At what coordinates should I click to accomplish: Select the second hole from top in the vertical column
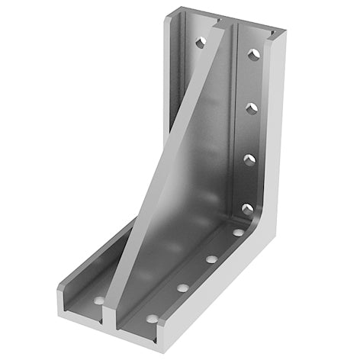(x=251, y=109)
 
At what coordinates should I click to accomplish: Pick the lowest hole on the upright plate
(x=247, y=207)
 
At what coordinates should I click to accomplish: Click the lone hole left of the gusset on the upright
(x=201, y=43)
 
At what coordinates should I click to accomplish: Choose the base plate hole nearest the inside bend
(x=238, y=232)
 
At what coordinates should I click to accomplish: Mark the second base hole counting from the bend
(x=211, y=259)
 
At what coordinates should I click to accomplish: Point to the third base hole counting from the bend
(x=183, y=288)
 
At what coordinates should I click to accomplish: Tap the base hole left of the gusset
(x=98, y=301)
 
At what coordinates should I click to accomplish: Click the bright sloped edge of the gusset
(x=164, y=168)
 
